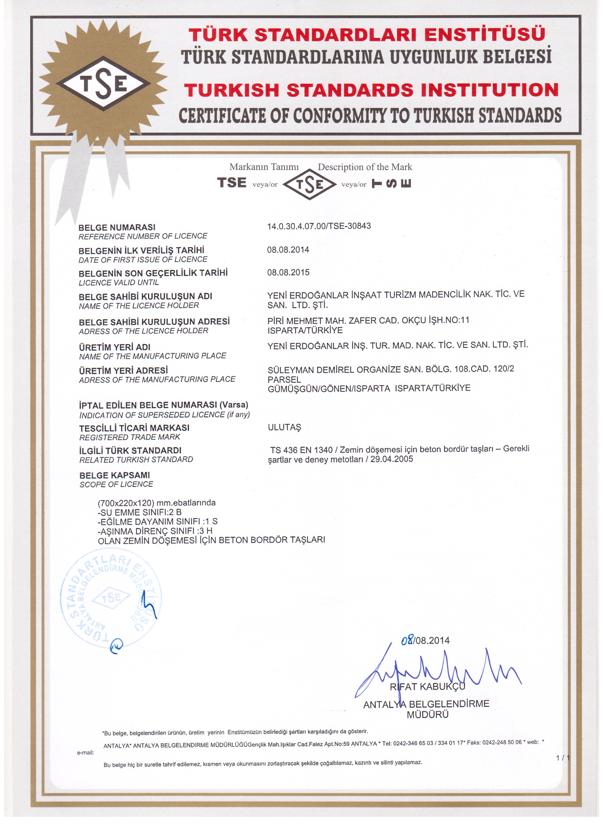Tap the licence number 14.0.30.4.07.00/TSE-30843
pos(319,226)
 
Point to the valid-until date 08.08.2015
pos(288,273)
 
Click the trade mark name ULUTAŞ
pos(284,427)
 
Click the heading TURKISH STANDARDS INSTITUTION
pos(371,90)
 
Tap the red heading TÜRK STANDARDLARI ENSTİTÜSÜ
pos(367,35)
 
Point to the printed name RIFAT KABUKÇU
pos(427,687)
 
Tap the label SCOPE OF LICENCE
pos(116,485)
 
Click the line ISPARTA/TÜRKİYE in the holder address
pos(305,331)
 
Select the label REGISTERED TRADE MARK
pos(130,437)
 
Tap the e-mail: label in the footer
pos(85,753)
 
